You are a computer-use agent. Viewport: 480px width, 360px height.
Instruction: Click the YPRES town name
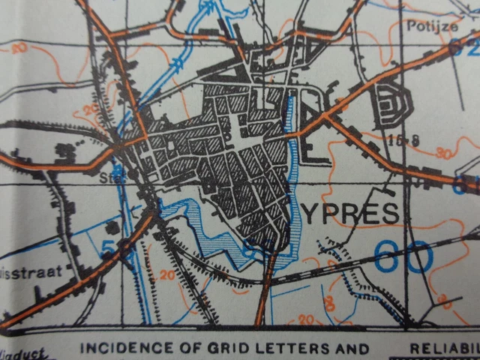point(352,214)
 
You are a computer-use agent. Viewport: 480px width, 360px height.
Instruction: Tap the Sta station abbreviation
point(109,178)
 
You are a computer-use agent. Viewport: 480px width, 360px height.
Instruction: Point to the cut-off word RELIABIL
point(444,349)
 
